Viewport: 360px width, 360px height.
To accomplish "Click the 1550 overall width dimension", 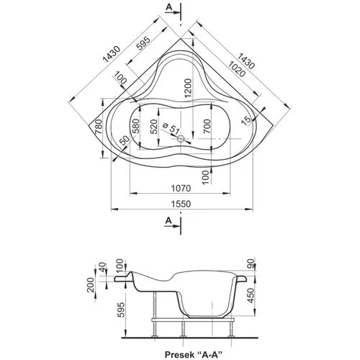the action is (181, 204).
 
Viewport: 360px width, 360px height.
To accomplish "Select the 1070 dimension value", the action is (181, 188).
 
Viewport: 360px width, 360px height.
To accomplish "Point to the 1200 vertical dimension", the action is (189, 88).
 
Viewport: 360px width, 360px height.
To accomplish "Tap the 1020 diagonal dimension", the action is (237, 69).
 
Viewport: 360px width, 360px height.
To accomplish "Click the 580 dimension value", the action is (135, 126).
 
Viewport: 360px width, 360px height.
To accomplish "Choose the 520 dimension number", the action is (153, 127).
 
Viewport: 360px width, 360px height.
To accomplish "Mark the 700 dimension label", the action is (207, 126).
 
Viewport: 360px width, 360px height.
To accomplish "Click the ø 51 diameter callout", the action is (171, 129).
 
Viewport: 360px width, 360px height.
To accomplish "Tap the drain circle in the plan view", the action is (181, 138).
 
